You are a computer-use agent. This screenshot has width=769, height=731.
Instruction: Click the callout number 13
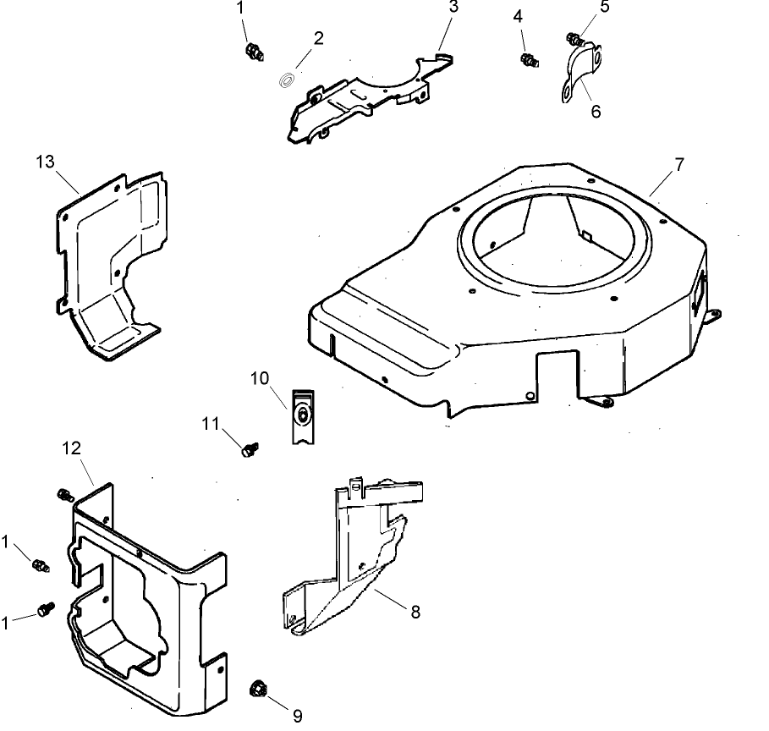(45, 161)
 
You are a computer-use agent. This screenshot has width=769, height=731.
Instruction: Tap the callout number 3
(454, 7)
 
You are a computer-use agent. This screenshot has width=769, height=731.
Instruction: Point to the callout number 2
(318, 38)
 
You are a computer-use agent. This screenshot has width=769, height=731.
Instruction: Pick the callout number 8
(415, 612)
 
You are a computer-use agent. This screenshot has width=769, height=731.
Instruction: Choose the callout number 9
(297, 715)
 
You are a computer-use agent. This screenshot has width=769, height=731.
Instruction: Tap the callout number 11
(210, 422)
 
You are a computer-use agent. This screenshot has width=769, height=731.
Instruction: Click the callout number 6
(596, 111)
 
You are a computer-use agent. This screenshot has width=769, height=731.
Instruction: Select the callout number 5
(604, 7)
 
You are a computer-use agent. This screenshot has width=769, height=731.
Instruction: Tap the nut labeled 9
(256, 690)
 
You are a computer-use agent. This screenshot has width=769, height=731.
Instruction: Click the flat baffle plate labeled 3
(364, 102)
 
